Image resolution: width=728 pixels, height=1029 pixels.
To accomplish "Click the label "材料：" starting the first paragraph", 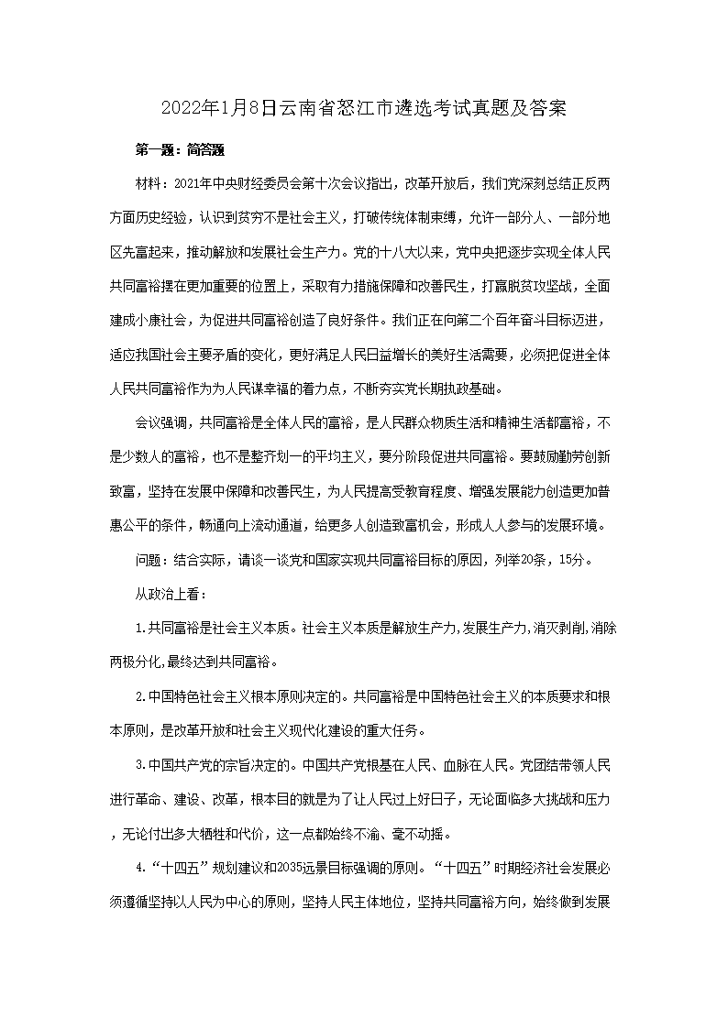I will [152, 182].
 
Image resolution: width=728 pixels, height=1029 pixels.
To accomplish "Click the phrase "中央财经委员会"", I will [252, 182].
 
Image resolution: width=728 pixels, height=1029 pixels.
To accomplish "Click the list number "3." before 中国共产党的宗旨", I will [141, 765].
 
